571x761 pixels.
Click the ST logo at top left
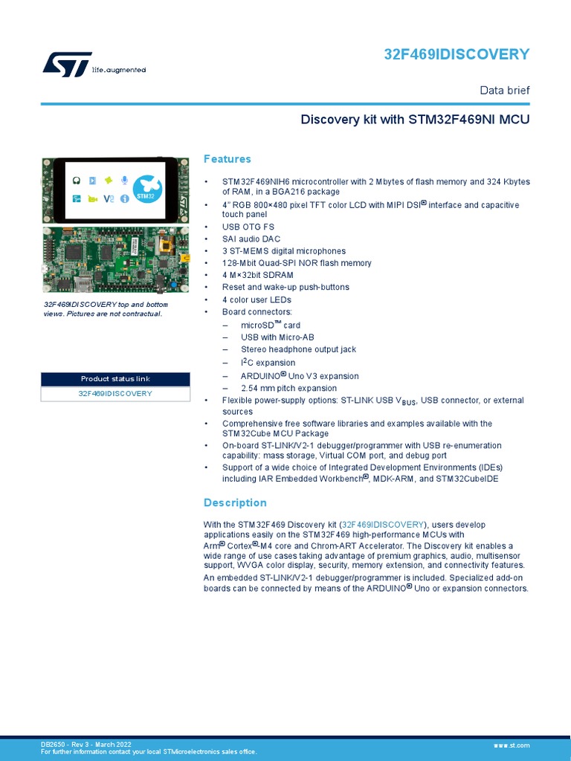[67, 64]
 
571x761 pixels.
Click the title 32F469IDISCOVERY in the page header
[457, 54]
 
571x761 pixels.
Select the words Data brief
[504, 90]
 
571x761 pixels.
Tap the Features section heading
[228, 159]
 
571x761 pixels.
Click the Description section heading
[235, 502]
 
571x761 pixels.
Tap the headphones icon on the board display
[76, 181]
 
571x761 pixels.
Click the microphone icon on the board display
[125, 181]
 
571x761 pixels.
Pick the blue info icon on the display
[124, 198]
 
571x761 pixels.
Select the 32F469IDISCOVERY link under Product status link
[115, 393]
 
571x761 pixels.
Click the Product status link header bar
[115, 379]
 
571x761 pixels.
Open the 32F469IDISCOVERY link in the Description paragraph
[383, 525]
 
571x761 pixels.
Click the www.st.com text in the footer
[511, 745]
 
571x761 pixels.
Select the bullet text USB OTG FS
[248, 227]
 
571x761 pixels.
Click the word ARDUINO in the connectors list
[259, 376]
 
